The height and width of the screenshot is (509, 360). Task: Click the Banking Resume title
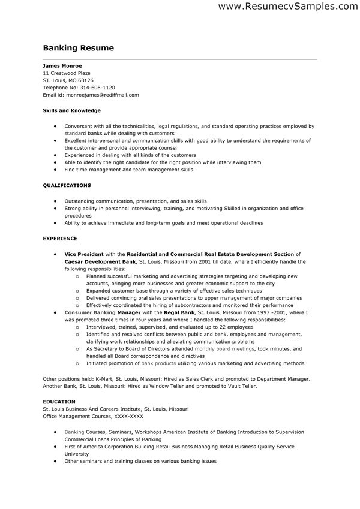click(x=78, y=48)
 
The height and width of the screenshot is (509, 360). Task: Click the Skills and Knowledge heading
click(x=71, y=111)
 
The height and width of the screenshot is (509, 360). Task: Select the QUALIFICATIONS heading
click(x=67, y=186)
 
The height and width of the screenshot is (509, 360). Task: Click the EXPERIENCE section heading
click(x=60, y=239)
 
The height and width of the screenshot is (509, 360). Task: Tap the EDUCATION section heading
click(x=59, y=401)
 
